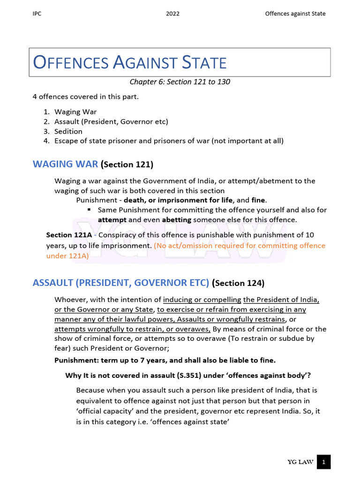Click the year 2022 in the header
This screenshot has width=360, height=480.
tap(172, 14)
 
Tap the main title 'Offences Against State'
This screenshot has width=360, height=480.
tap(130, 62)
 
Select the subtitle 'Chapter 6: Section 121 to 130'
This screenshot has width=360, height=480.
tap(180, 82)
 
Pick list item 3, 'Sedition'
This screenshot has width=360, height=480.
tap(68, 131)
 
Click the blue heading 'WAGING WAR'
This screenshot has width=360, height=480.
tap(65, 164)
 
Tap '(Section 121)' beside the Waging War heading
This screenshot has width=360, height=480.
tap(127, 165)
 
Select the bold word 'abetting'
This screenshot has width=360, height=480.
tap(178, 219)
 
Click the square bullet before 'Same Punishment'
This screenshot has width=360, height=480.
tap(90, 210)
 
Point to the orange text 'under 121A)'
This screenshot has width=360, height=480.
tap(67, 256)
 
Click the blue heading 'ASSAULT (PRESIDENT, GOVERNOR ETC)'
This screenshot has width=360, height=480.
tap(120, 283)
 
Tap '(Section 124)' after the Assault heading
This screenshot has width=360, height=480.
tap(239, 283)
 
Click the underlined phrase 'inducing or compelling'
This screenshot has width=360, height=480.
tap(202, 300)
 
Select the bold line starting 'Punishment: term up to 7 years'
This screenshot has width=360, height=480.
tap(165, 360)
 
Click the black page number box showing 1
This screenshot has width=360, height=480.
tap(323, 462)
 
